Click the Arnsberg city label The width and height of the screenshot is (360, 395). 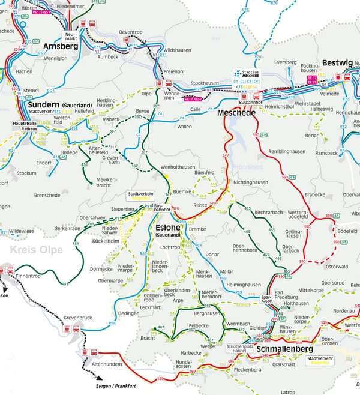coord(61,46)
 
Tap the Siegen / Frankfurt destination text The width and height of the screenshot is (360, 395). coord(124,385)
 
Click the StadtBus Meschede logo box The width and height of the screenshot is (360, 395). coord(247,76)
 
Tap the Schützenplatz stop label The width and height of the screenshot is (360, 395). coord(239,348)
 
